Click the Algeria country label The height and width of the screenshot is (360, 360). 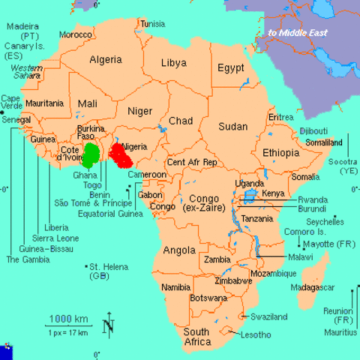coord(105,59)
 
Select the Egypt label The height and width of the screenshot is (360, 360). coord(231,67)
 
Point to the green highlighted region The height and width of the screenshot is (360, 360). coord(91,154)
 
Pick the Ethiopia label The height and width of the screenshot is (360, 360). coord(280,153)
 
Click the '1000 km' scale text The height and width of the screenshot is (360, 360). coord(64,318)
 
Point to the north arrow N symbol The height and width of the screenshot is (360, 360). coord(108,325)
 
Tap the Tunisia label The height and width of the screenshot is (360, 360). coord(152,23)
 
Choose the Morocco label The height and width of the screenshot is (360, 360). coord(75,34)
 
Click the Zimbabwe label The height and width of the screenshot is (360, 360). coord(232,281)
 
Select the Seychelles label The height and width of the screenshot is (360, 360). coord(327,222)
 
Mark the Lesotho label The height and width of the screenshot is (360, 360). coord(256,335)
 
